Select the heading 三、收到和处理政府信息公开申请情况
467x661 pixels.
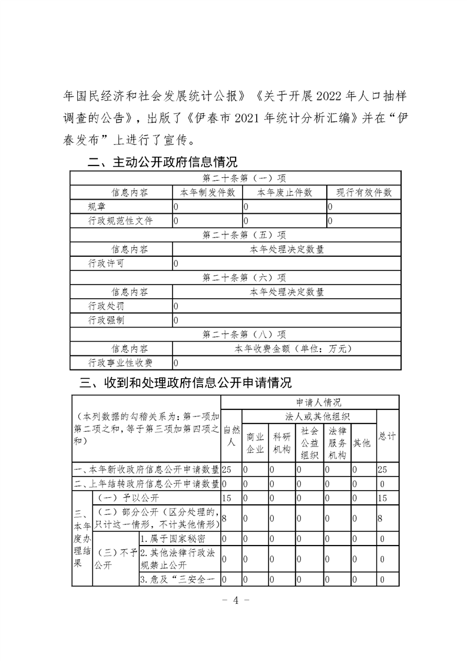(x=186, y=383)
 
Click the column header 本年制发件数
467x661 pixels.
(x=207, y=193)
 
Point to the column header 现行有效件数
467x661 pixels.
(x=363, y=193)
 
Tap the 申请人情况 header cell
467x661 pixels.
(x=318, y=403)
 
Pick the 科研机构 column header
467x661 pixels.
(x=282, y=443)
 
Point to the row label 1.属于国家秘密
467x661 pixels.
(x=167, y=538)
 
